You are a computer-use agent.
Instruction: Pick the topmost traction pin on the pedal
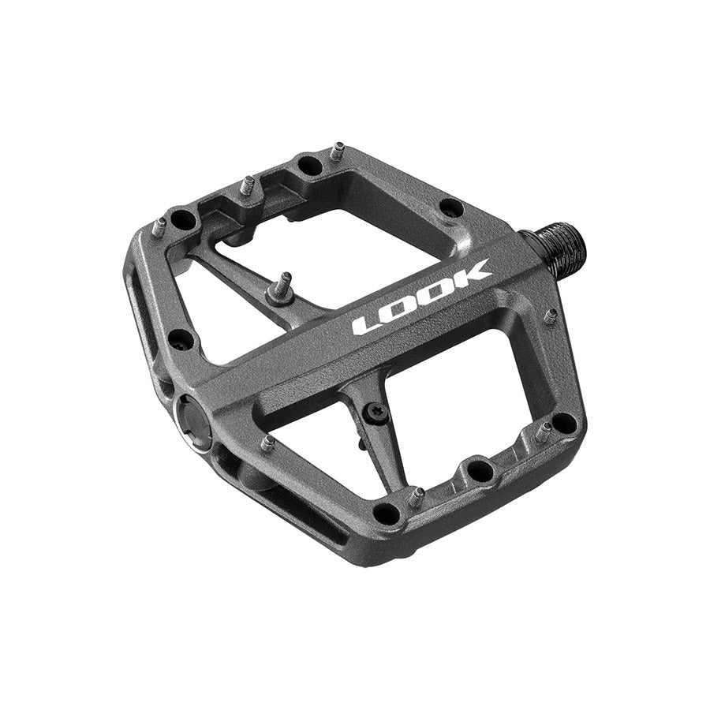coord(338,149)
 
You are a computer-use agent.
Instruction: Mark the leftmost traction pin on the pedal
coord(159,227)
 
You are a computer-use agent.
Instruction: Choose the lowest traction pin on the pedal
coord(417,497)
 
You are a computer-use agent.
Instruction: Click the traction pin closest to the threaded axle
coord(551,316)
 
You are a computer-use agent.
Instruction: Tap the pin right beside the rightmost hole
coord(544,431)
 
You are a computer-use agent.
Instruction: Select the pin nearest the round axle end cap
coord(268,443)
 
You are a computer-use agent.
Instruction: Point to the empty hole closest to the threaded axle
coord(451,208)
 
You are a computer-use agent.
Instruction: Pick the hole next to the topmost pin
coord(310,166)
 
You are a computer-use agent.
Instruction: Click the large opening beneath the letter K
coord(473,379)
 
